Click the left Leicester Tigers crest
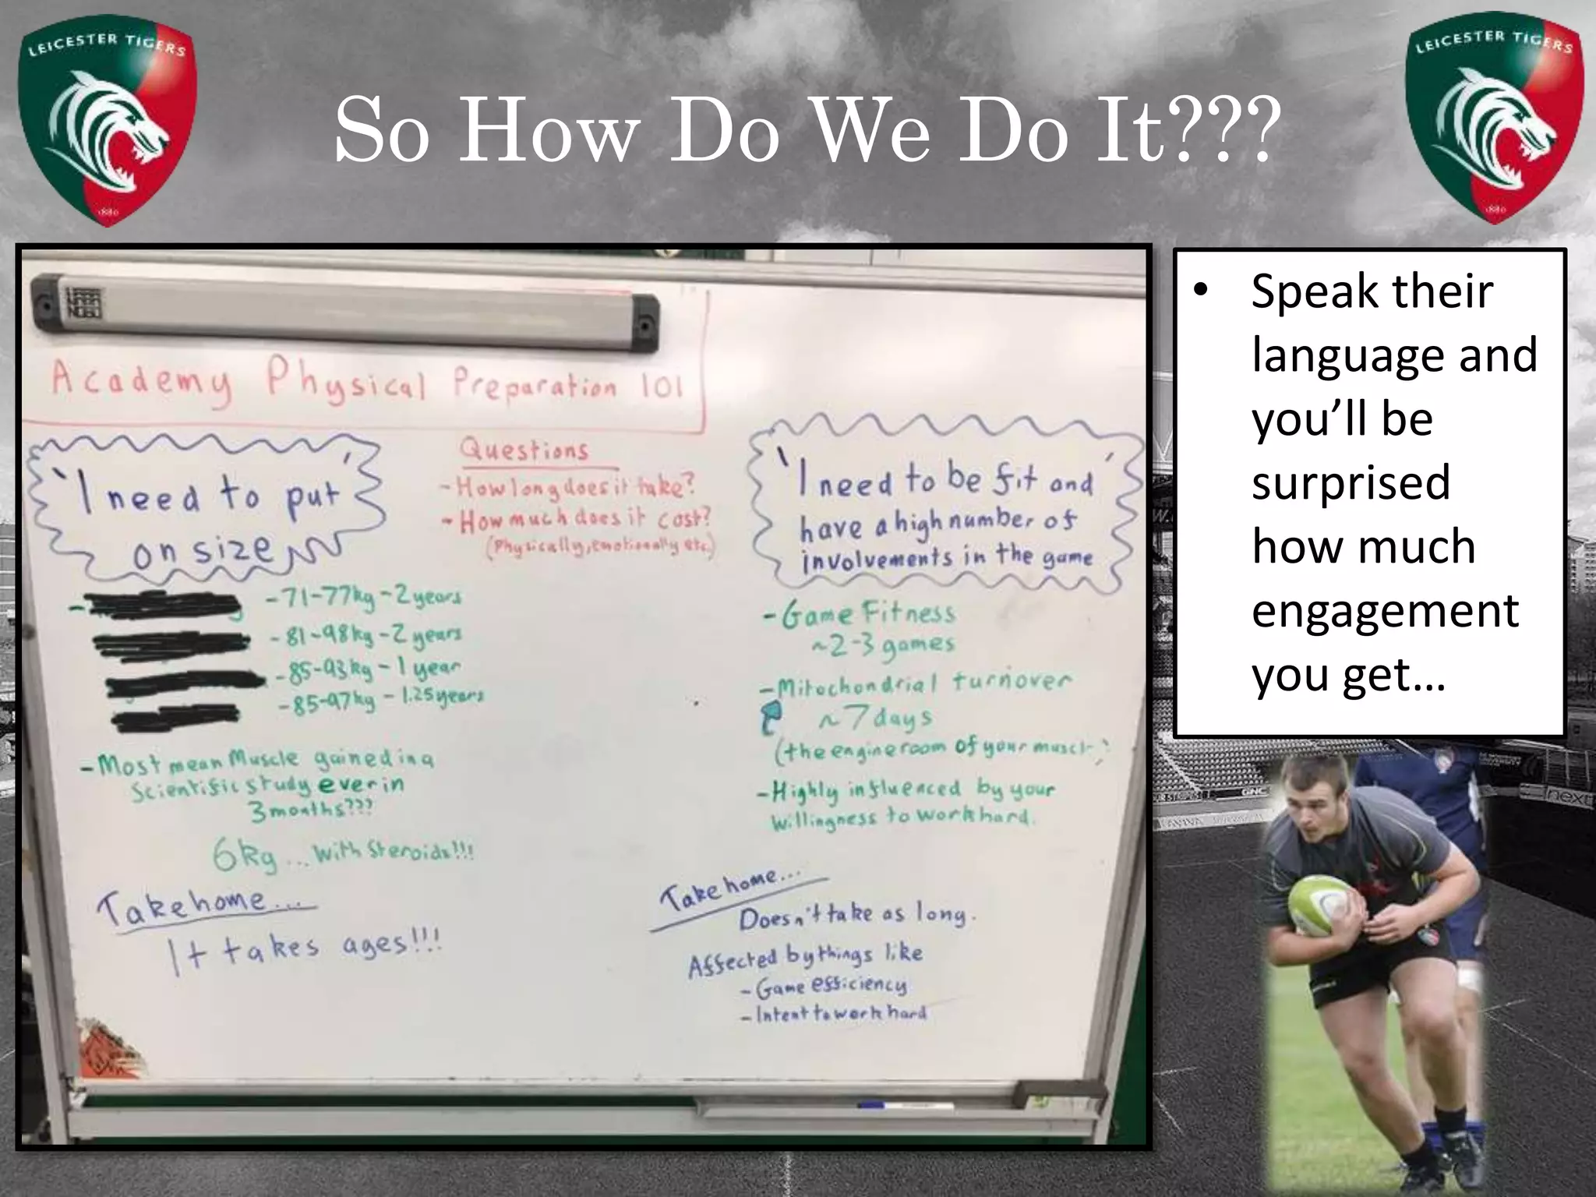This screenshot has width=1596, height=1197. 108,125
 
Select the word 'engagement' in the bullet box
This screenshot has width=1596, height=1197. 1385,610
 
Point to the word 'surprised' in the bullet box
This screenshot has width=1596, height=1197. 1351,482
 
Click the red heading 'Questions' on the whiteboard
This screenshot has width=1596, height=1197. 524,450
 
